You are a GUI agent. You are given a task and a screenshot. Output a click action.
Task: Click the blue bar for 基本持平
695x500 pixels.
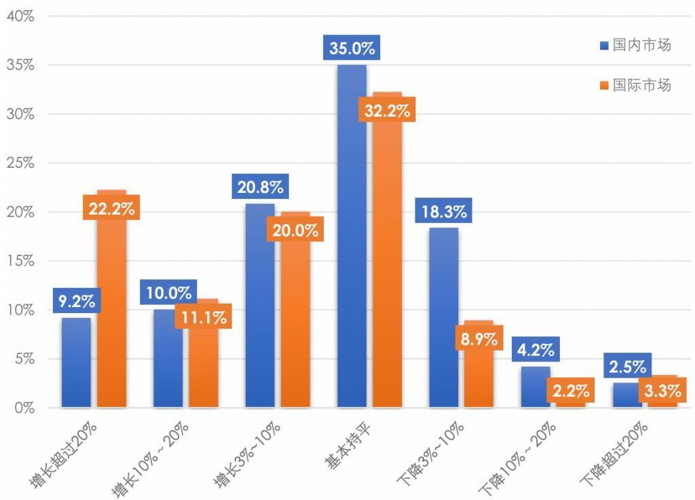pyautogui.click(x=352, y=238)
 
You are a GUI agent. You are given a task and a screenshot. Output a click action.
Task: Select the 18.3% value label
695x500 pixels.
pyautogui.click(x=443, y=211)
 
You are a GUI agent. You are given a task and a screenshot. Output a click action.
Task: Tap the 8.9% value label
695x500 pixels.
pyautogui.click(x=478, y=339)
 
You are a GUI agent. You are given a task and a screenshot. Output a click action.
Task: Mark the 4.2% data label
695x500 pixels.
pyautogui.click(x=536, y=351)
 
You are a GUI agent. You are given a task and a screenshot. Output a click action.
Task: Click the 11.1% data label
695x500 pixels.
pyautogui.click(x=203, y=317)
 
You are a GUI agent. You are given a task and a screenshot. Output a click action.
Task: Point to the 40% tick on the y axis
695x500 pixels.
pyautogui.click(x=20, y=16)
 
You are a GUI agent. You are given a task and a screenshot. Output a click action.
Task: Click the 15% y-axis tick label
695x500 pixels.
pyautogui.click(x=20, y=261)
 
